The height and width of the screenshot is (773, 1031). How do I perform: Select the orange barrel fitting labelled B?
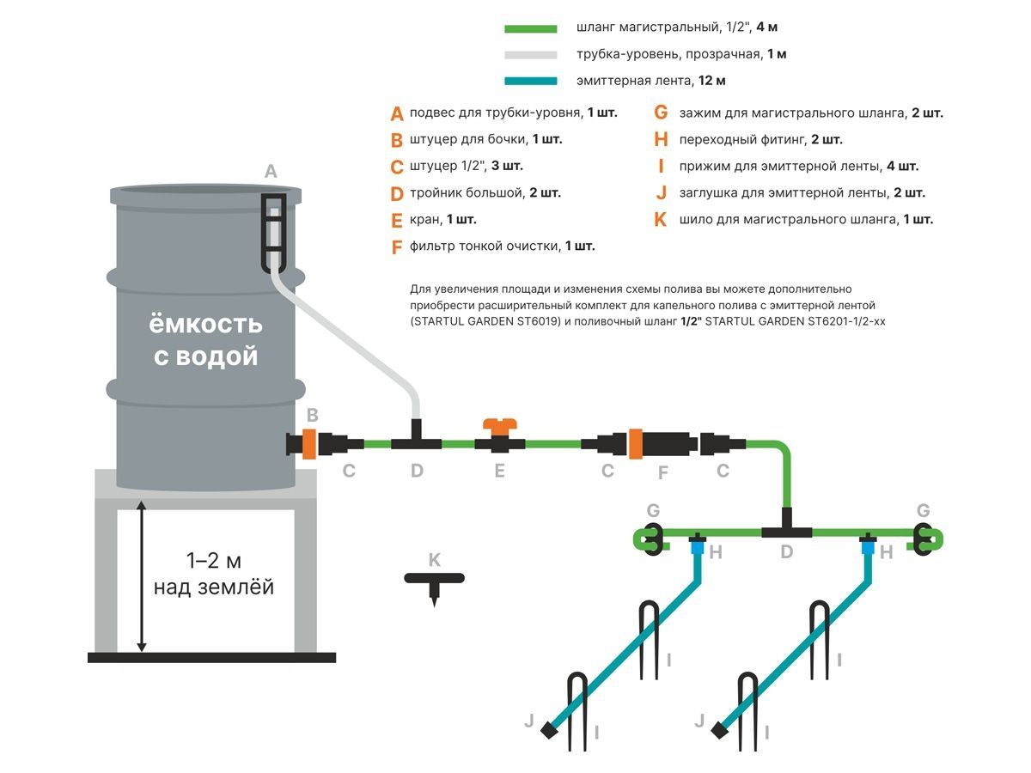click(x=308, y=444)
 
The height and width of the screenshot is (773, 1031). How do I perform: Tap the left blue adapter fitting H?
click(x=698, y=546)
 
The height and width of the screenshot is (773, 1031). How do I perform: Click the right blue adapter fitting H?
click(x=868, y=546)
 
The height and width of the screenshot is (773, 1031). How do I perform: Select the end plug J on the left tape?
click(x=547, y=731)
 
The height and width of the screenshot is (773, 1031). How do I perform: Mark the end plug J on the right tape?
click(x=717, y=731)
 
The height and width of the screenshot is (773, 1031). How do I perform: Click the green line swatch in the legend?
click(x=532, y=28)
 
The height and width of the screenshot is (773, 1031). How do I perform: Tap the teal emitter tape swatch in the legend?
click(x=532, y=82)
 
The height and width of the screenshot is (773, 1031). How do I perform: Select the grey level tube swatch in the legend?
click(x=532, y=55)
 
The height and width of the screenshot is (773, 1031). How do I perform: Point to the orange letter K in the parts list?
click(x=660, y=220)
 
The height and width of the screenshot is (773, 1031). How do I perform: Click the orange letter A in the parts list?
click(x=396, y=113)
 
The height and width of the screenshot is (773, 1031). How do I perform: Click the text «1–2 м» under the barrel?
click(x=214, y=562)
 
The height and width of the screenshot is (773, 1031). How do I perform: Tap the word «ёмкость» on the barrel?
click(x=206, y=325)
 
